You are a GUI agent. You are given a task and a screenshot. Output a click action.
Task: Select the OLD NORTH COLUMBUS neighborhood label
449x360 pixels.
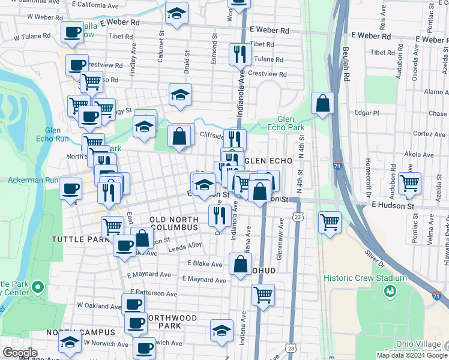click(x=173, y=224)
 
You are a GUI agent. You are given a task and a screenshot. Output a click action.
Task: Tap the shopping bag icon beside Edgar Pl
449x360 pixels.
click(x=323, y=103)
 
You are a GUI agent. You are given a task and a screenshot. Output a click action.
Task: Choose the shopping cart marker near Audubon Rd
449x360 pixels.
click(x=409, y=182)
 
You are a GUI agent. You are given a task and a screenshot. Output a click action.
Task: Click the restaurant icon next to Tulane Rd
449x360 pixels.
click(x=240, y=53)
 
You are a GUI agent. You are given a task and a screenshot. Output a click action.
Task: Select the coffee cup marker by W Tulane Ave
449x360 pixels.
click(x=72, y=33)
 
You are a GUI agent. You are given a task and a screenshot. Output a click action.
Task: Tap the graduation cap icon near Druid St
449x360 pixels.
click(x=179, y=94)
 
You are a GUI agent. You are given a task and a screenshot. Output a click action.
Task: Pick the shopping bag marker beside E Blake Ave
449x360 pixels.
click(x=240, y=264)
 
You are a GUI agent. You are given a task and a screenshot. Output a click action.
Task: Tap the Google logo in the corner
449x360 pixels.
click(x=20, y=352)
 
